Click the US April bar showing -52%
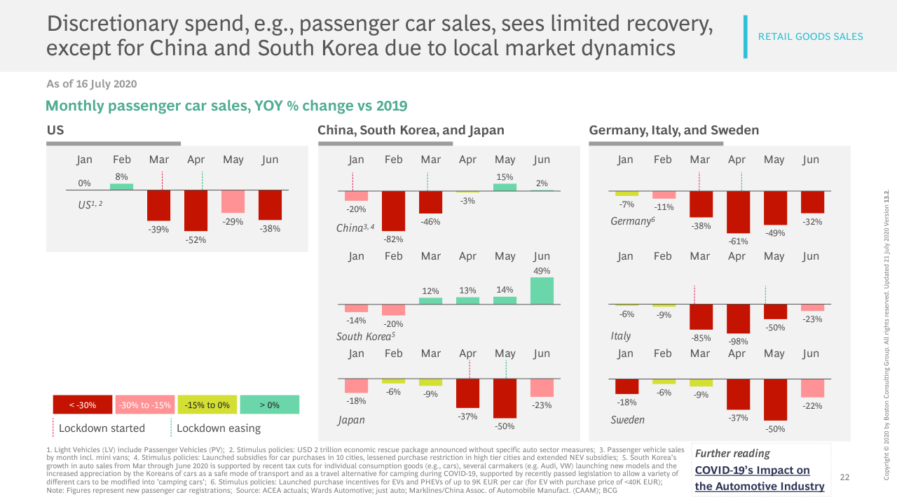point(196,211)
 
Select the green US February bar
point(121,187)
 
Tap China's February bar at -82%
point(393,211)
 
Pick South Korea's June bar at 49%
point(542,290)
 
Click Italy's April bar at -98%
point(738,319)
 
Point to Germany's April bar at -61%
point(738,212)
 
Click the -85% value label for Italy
point(700,337)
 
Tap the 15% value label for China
point(505,177)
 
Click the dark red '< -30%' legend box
point(83,405)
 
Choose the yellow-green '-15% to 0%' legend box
point(207,405)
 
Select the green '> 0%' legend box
point(269,405)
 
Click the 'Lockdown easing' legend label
point(218,428)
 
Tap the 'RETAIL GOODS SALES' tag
point(810,36)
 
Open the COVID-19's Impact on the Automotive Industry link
point(759,478)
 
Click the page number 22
point(844,477)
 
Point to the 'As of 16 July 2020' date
point(91,84)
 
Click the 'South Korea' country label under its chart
point(364,337)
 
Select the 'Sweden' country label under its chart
point(627,420)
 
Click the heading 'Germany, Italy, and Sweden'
point(673,130)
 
